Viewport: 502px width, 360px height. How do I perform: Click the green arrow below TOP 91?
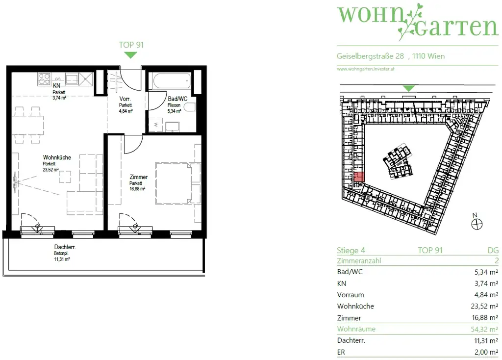[130, 54]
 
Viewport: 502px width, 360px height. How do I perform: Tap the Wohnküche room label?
[57, 157]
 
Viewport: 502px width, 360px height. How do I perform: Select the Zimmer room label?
[139, 177]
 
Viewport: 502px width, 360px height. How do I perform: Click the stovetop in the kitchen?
[45, 78]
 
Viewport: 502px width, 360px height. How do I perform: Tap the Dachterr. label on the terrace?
[65, 248]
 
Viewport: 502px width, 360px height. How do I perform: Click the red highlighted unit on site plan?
[359, 178]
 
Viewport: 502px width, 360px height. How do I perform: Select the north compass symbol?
[476, 224]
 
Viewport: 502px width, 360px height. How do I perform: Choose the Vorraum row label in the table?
[351, 295]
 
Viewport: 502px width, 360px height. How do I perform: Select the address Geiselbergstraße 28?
[371, 56]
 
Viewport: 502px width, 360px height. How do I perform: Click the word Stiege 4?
[351, 250]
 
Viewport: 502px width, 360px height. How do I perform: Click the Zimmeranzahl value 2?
[496, 261]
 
